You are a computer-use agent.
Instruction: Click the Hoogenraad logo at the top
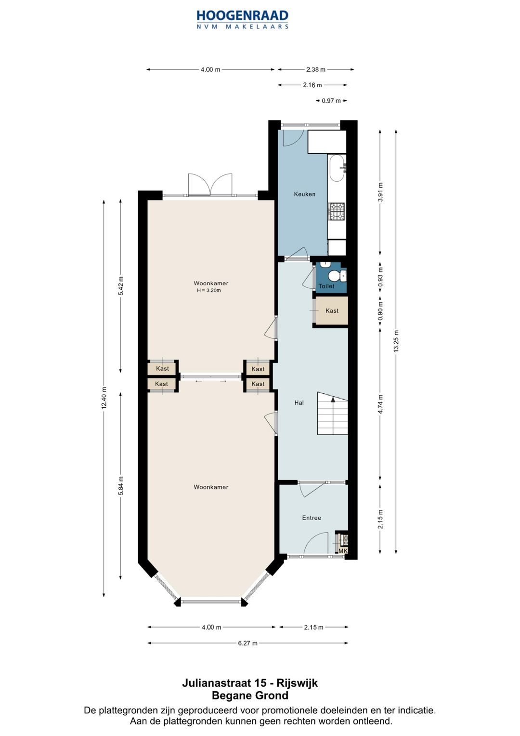click(242, 19)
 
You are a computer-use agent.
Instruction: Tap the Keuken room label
click(304, 194)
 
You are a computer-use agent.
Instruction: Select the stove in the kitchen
click(337, 212)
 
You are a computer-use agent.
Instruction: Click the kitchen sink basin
click(337, 168)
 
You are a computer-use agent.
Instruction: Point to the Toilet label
click(326, 286)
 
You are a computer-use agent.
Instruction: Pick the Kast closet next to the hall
click(332, 310)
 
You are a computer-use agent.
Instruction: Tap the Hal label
click(299, 402)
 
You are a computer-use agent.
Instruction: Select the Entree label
click(311, 518)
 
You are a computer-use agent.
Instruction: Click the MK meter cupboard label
click(342, 551)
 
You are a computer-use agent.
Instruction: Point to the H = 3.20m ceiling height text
click(209, 291)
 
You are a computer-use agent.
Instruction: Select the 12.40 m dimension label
click(104, 398)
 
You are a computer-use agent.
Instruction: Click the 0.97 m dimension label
click(331, 101)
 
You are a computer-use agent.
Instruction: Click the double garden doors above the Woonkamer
click(210, 185)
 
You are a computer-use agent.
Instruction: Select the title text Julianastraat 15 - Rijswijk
click(250, 683)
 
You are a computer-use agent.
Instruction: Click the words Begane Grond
click(250, 695)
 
